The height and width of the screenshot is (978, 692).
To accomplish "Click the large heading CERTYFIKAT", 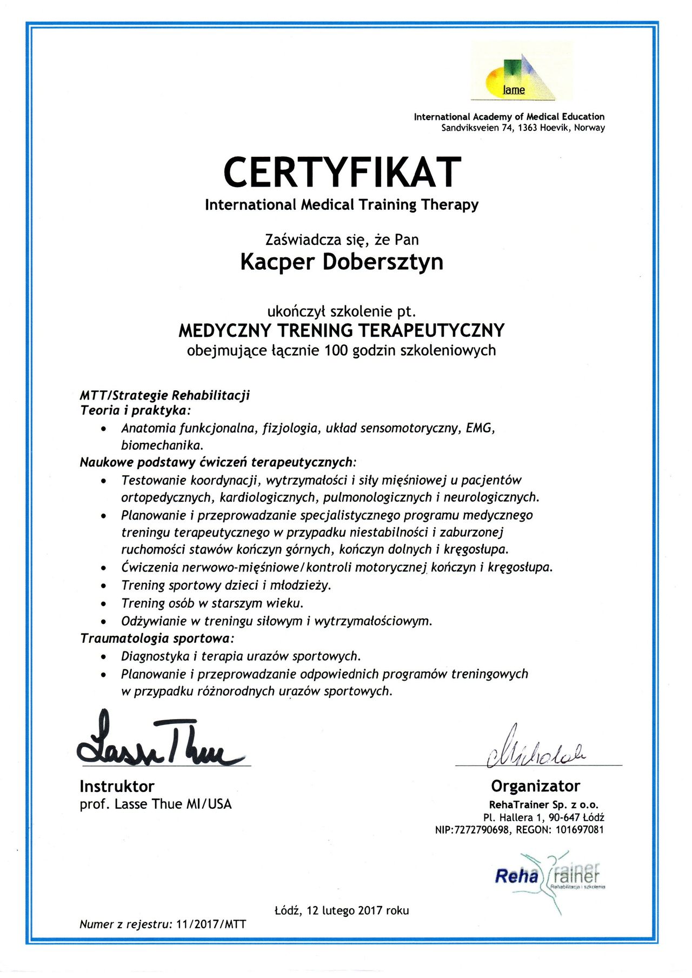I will [342, 172].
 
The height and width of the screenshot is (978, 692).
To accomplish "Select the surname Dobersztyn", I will [383, 262].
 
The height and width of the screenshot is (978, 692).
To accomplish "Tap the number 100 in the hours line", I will [336, 351].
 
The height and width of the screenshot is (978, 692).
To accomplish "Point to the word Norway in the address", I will [589, 128].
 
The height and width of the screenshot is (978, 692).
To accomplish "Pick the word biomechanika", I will [162, 446].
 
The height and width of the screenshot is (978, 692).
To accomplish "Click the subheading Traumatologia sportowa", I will [156, 638].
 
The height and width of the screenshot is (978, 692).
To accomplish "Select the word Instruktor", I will [117, 786].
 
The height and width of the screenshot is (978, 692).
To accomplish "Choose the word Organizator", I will [535, 786].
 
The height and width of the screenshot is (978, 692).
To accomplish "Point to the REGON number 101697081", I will [580, 830].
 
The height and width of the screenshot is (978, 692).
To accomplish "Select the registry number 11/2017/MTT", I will [211, 924].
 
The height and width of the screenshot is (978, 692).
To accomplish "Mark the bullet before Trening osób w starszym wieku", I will [104, 604].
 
